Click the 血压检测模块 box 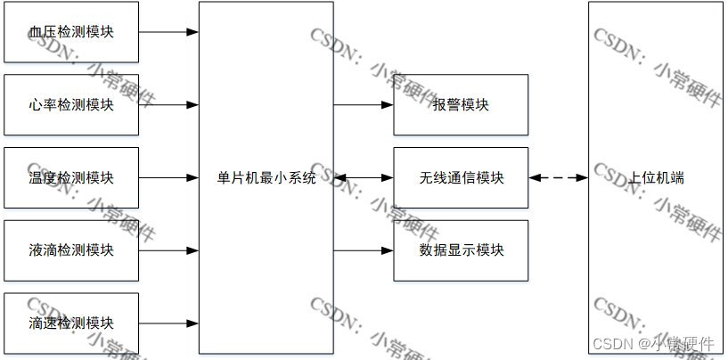coord(71,32)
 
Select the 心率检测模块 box coord(71,104)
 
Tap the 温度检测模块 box coord(71,177)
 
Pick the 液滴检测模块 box coord(71,250)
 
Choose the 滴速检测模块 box coord(71,323)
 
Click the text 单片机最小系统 coord(266,177)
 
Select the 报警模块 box coord(461,104)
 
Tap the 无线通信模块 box coord(461,177)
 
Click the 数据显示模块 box coord(461,250)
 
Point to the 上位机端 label coord(656,177)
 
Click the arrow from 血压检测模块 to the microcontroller coord(168,32)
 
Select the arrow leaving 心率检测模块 coord(168,104)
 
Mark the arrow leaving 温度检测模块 coord(168,177)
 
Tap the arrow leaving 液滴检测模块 coord(168,250)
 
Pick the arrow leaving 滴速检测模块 coord(168,323)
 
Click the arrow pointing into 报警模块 coord(364,104)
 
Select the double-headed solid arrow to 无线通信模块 coord(364,177)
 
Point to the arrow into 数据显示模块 coord(364,250)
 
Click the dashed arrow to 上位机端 coord(559,177)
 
